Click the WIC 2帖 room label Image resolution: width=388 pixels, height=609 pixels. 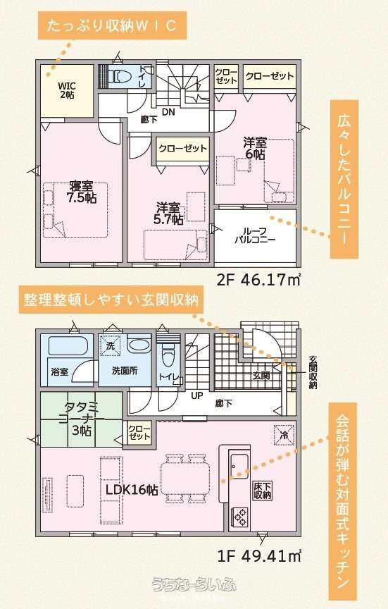click(67, 90)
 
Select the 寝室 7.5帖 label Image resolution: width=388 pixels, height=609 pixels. click(82, 192)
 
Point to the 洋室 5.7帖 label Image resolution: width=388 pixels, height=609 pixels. click(168, 214)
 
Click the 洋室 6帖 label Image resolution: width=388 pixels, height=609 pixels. click(255, 148)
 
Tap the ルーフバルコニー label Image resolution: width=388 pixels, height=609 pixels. click(255, 235)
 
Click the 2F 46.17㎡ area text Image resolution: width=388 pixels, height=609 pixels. click(258, 279)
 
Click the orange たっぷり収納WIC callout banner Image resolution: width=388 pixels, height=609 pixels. click(112, 25)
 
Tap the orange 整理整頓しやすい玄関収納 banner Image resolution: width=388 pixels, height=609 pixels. click(111, 300)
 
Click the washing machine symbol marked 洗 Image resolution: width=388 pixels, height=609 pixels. click(111, 345)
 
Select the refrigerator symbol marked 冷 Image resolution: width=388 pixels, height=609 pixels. click(284, 435)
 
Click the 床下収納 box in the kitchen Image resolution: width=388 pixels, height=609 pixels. click(262, 491)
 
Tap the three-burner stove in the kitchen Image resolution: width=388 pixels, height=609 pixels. click(239, 516)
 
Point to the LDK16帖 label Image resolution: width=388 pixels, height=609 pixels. click(132, 490)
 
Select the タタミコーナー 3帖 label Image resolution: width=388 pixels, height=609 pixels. click(81, 419)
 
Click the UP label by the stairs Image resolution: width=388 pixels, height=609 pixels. click(197, 395)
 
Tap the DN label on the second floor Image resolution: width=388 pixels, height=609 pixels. click(168, 112)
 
